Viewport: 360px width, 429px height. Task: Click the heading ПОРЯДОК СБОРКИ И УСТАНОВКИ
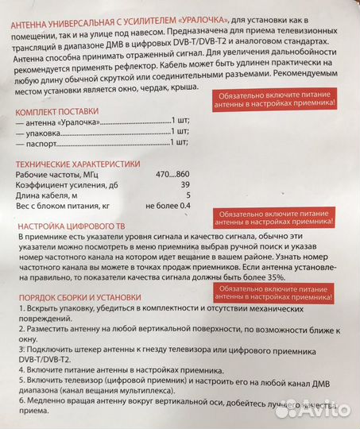79,297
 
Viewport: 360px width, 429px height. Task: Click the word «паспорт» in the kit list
44,144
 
